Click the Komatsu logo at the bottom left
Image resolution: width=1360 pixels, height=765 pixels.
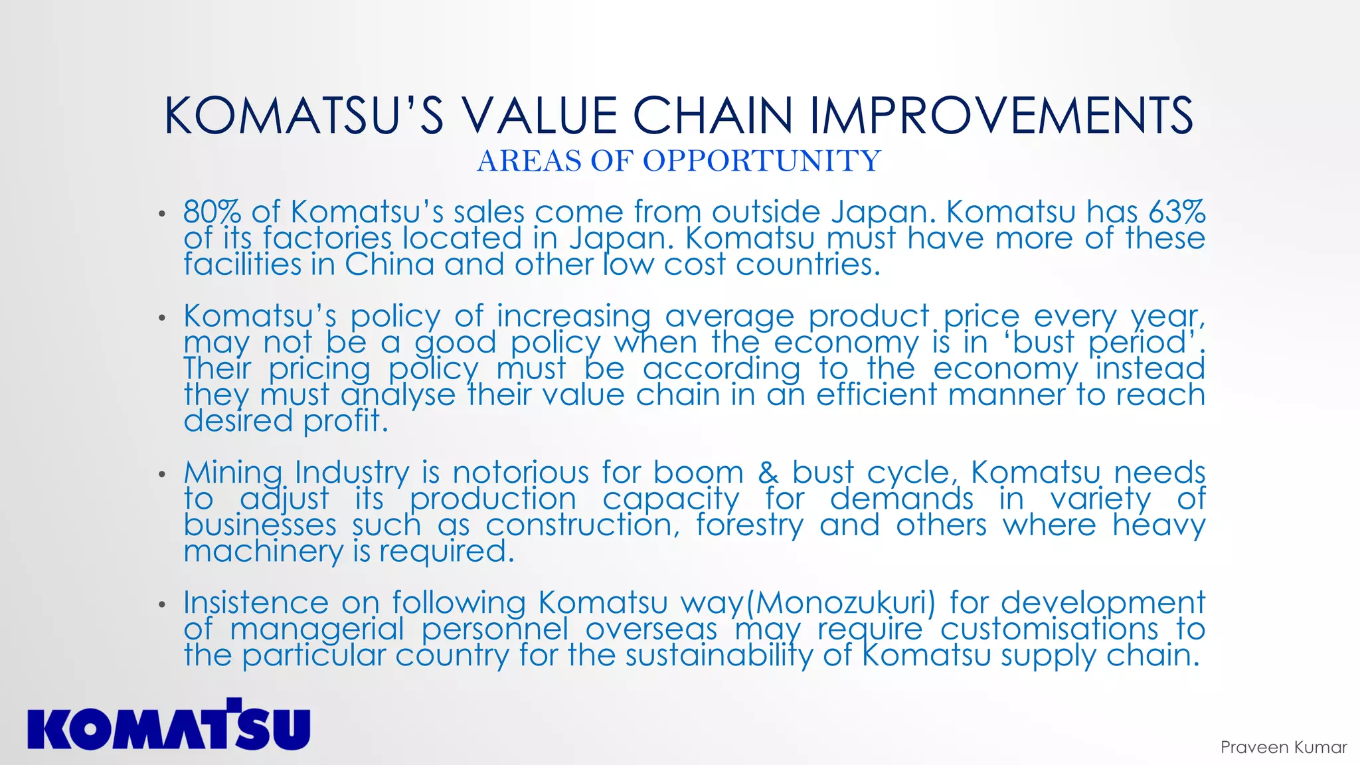point(169,725)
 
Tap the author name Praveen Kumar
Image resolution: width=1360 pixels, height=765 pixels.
point(1283,747)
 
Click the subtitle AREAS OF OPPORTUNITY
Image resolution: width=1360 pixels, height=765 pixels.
point(679,161)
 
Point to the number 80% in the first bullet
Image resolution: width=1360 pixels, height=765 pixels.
point(212,212)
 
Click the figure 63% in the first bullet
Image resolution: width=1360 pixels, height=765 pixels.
point(1177,212)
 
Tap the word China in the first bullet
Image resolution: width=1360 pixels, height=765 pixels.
point(388,264)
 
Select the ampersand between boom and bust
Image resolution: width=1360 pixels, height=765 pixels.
point(768,473)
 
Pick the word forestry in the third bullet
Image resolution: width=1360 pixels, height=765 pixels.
point(750,525)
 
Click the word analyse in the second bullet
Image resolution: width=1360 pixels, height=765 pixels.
point(398,395)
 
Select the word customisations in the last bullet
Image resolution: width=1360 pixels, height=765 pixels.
point(1049,629)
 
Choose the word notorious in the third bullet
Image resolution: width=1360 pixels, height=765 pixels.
point(521,473)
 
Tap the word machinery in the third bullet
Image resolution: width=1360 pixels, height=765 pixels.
point(264,551)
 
